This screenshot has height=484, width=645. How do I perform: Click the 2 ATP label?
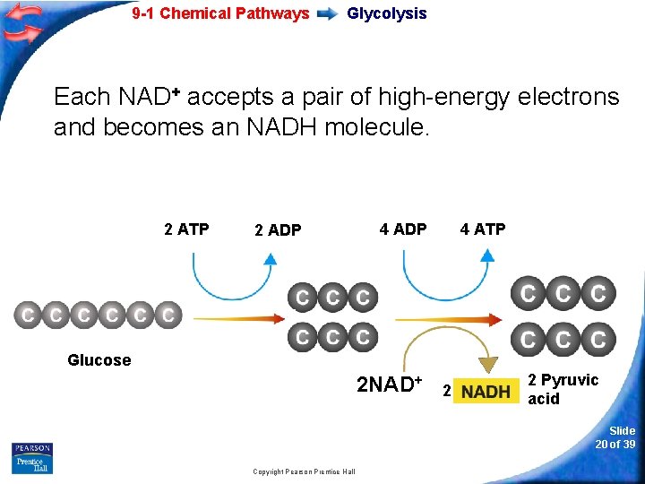(186, 229)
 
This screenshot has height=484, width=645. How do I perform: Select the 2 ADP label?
(278, 230)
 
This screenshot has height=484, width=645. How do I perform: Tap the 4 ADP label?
(403, 229)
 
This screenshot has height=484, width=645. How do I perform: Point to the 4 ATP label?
(483, 229)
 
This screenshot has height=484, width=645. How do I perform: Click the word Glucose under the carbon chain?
(99, 360)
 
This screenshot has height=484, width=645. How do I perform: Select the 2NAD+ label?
(389, 385)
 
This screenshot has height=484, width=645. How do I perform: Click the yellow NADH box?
(486, 392)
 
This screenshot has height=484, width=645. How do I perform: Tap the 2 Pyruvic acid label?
(563, 389)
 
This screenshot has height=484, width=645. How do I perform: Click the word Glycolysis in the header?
(386, 13)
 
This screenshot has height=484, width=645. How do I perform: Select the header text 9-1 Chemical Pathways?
(220, 13)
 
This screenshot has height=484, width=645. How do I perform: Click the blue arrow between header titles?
(328, 14)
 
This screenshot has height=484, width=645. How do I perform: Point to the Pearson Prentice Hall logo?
(32, 458)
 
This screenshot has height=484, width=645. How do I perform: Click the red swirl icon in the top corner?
(22, 22)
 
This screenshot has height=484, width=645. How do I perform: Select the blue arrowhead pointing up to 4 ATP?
(486, 255)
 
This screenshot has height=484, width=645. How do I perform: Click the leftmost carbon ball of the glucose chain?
(28, 315)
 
